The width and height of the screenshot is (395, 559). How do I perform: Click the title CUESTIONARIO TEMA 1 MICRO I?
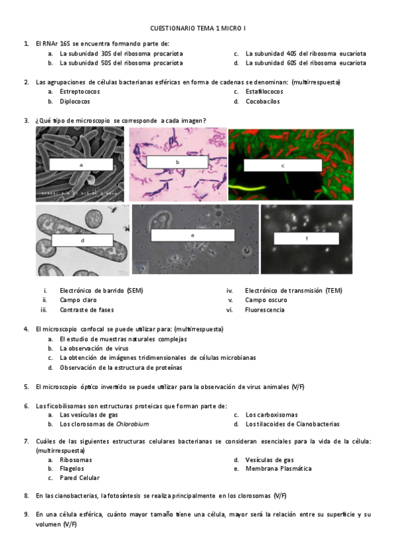pyautogui.click(x=198, y=28)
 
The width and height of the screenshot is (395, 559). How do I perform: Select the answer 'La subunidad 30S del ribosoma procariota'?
pyautogui.click(x=121, y=53)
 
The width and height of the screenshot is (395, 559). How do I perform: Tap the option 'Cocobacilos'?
pyautogui.click(x=262, y=102)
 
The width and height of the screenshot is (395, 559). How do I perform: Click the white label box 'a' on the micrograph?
pyautogui.click(x=81, y=165)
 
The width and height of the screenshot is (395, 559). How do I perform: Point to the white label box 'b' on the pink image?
pyautogui.click(x=177, y=162)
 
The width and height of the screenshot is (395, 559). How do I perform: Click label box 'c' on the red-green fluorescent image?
pyautogui.click(x=282, y=165)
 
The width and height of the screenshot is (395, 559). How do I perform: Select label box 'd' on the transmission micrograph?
pyautogui.click(x=82, y=241)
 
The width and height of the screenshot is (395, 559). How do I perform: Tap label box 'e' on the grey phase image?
pyautogui.click(x=192, y=235)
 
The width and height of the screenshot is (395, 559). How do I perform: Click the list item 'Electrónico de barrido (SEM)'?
pyautogui.click(x=101, y=290)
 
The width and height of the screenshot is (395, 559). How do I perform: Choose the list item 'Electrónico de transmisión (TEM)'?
pyautogui.click(x=293, y=290)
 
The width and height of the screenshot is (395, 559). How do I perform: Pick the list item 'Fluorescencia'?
pyautogui.click(x=264, y=310)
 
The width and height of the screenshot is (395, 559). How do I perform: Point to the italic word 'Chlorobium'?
pyautogui.click(x=132, y=425)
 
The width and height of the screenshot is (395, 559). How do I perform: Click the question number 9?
pyautogui.click(x=26, y=514)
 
